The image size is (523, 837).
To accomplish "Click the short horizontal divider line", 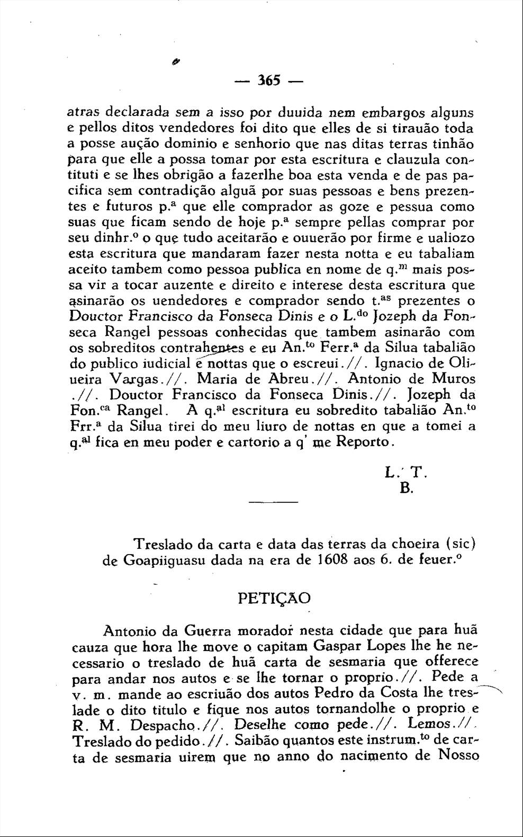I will click(x=273, y=502).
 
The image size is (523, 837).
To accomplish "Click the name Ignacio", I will click(x=399, y=364).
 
